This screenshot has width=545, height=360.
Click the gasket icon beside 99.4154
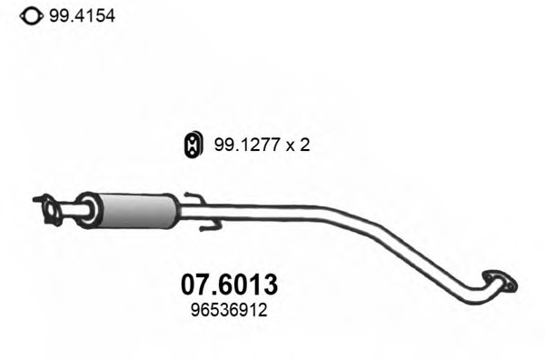[x=32, y=16]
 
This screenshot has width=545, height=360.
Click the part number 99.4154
[x=82, y=16]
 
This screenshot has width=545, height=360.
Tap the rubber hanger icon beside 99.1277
[x=193, y=145]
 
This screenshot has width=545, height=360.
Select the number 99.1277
[x=247, y=145]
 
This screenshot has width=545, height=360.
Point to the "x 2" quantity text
[x=298, y=145]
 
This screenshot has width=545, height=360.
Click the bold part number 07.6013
[x=230, y=285]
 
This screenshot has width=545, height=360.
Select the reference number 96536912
[x=229, y=310]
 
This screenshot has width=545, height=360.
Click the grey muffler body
[x=137, y=211]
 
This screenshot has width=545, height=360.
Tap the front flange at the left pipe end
[x=49, y=210]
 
